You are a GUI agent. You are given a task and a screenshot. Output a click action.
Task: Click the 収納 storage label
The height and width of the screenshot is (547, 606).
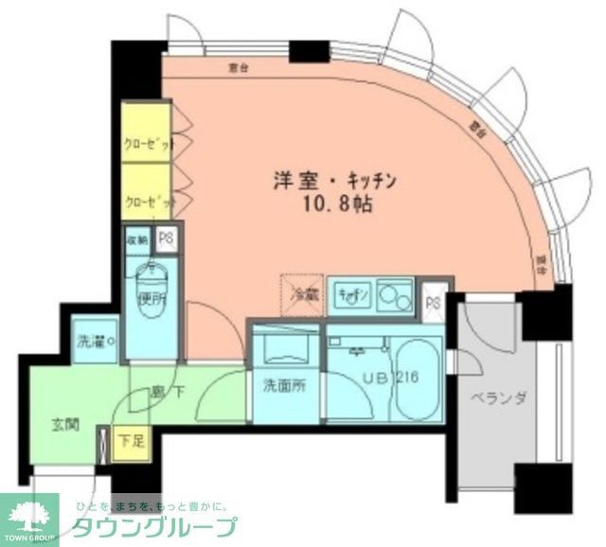click(137, 239)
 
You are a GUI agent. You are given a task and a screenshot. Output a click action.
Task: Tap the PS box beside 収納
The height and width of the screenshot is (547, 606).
click(166, 239)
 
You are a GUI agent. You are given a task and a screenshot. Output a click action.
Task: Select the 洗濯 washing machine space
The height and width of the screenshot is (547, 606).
click(95, 341)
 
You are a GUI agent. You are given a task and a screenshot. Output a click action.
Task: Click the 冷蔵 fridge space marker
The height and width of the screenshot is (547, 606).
click(302, 292)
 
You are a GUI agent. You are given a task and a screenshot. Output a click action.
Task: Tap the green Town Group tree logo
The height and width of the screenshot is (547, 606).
click(28, 516)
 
